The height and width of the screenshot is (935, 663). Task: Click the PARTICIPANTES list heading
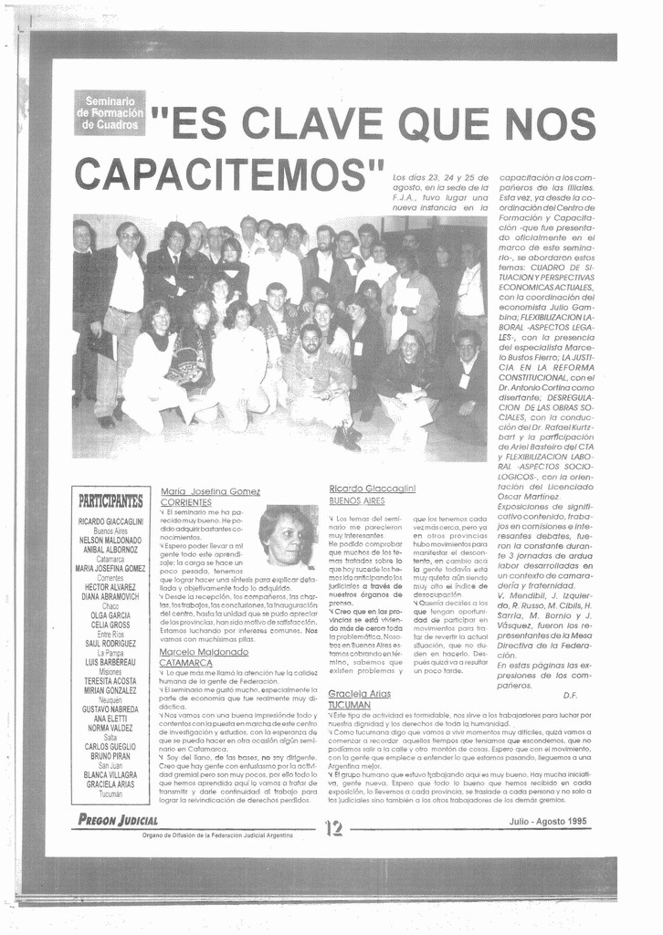tap(110, 500)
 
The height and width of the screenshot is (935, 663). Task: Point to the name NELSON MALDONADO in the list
tap(110, 540)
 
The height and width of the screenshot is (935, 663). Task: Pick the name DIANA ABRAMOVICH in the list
tap(110, 596)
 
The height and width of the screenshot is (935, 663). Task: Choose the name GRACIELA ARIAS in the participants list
tap(110, 784)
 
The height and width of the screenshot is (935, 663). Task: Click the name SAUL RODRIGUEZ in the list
tap(110, 644)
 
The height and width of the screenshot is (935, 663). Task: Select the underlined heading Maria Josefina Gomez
tap(210, 491)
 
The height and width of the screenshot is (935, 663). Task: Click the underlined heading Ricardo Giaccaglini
tap(373, 489)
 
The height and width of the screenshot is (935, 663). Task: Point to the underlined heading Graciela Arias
tap(359, 693)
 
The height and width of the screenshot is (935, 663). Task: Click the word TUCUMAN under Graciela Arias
tap(350, 705)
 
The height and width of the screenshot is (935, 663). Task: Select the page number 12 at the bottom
tap(332, 828)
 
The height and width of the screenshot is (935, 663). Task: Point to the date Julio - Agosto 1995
tap(548, 821)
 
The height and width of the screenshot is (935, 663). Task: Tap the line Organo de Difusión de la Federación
tap(217, 835)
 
